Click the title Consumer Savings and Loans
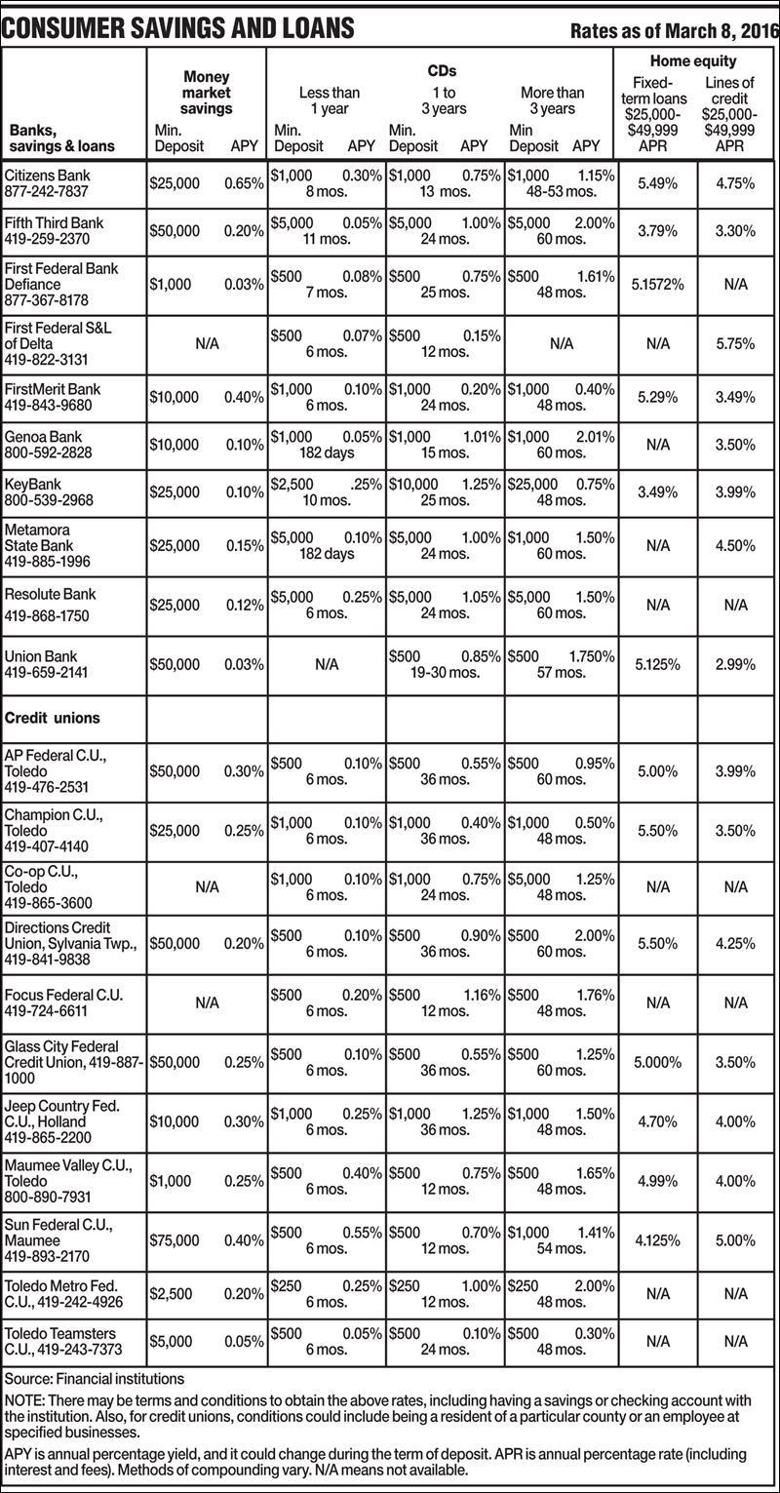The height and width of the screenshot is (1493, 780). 177,29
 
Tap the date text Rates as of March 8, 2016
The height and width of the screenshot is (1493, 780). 674,31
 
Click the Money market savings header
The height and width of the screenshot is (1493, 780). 206,93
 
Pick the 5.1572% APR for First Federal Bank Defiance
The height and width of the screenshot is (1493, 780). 659,285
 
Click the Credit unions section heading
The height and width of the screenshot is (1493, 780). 53,718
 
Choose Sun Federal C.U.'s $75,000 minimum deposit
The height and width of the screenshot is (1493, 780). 175,1240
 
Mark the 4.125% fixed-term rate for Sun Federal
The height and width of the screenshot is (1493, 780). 657,1240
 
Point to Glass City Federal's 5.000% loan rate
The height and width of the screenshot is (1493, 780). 658,1062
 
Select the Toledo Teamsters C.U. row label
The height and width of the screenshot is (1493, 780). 60,1341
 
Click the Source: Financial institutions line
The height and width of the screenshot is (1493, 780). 95,1378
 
